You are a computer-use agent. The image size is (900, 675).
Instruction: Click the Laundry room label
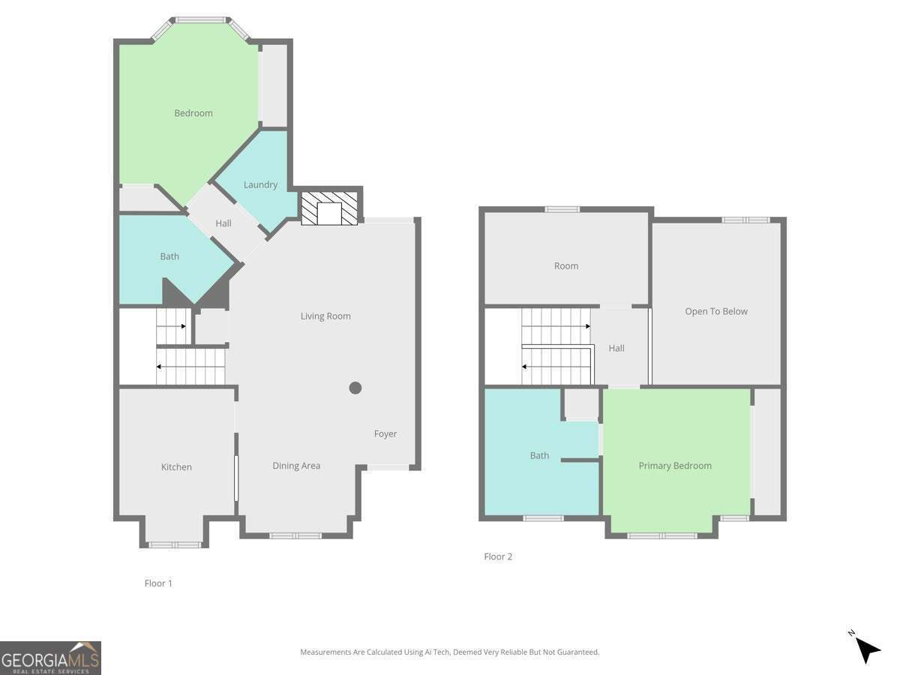pyautogui.click(x=260, y=184)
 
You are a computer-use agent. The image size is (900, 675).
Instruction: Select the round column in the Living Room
pyautogui.click(x=355, y=388)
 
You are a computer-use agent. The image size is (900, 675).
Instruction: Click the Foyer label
pyautogui.click(x=385, y=433)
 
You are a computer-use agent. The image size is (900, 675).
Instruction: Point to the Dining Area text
pyautogui.click(x=296, y=466)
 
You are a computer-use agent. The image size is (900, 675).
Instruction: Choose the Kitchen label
pyautogui.click(x=176, y=466)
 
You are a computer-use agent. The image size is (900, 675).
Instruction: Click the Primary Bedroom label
pyautogui.click(x=675, y=466)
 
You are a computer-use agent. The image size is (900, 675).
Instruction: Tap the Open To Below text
pyautogui.click(x=716, y=311)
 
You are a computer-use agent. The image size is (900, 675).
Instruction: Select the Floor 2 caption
pyautogui.click(x=498, y=556)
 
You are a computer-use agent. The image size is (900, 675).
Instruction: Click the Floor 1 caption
pyautogui.click(x=158, y=583)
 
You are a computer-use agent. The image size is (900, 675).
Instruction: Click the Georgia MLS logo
pyautogui.click(x=50, y=658)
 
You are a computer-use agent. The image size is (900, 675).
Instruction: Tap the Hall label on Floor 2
pyautogui.click(x=616, y=348)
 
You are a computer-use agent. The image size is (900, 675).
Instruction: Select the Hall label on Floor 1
pyautogui.click(x=223, y=223)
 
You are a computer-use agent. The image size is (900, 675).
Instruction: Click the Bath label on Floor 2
pyautogui.click(x=539, y=455)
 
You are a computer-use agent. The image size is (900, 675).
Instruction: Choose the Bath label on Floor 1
pyautogui.click(x=169, y=256)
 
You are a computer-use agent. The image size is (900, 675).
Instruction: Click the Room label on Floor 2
pyautogui.click(x=566, y=265)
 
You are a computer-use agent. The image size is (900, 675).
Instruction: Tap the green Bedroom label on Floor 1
pyautogui.click(x=193, y=113)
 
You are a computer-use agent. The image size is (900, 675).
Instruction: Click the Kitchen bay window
pyautogui.click(x=175, y=544)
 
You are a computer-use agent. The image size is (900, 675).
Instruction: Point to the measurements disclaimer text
pyautogui.click(x=450, y=652)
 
